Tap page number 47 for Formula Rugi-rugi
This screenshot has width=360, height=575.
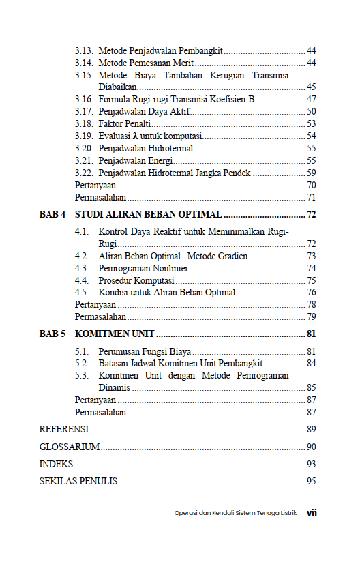pyautogui.click(x=311, y=100)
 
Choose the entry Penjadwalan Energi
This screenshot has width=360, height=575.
pyautogui.click(x=134, y=161)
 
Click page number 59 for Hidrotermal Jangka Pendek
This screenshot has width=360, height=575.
pyautogui.click(x=311, y=173)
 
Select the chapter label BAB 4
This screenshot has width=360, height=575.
pyautogui.click(x=52, y=215)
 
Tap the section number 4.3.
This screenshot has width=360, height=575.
pyautogui.click(x=82, y=269)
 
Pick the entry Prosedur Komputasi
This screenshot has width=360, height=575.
pyautogui.click(x=136, y=281)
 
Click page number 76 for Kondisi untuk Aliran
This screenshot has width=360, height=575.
pyautogui.click(x=311, y=293)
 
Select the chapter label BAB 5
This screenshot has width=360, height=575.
pyautogui.click(x=52, y=334)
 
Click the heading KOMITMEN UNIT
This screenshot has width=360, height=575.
pyautogui.click(x=115, y=334)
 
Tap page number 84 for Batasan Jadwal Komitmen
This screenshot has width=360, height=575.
pyautogui.click(x=311, y=364)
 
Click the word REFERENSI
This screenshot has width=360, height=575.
pyautogui.click(x=64, y=430)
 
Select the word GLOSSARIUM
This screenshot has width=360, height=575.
pyautogui.click(x=70, y=447)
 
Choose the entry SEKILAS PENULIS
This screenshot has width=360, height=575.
pyautogui.click(x=78, y=482)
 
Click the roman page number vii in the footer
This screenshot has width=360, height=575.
pyautogui.click(x=312, y=513)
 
